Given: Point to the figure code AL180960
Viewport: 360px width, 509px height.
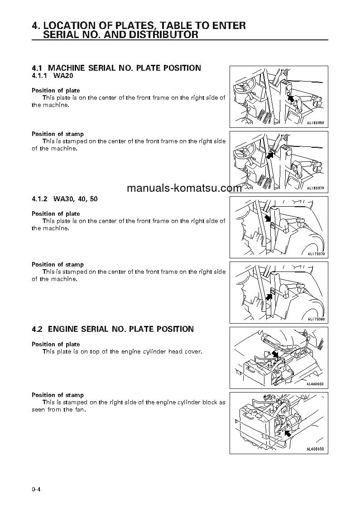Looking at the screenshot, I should (x=316, y=123).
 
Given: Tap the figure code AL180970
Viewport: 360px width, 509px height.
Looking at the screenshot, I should (x=316, y=188).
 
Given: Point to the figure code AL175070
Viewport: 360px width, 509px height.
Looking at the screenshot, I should (x=316, y=254).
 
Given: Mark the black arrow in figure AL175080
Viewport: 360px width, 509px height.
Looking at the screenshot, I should (x=269, y=296).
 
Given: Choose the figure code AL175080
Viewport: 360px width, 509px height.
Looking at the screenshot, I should (x=316, y=319).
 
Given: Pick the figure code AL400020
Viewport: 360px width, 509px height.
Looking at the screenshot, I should (x=316, y=384).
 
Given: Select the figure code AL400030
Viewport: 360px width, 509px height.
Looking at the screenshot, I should (x=316, y=449).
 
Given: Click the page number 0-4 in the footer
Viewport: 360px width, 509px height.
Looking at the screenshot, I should (x=36, y=489).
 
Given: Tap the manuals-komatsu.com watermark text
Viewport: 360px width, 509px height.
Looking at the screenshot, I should (x=184, y=189).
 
